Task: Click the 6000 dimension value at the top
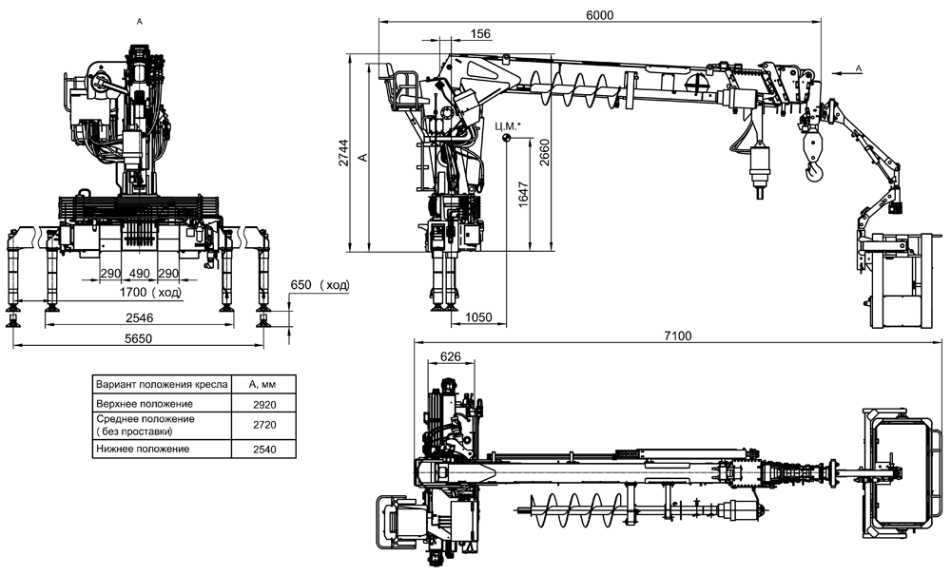pyautogui.click(x=600, y=14)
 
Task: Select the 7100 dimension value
pyautogui.click(x=677, y=335)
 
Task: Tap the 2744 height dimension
pyautogui.click(x=343, y=153)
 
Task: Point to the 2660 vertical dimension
pyautogui.click(x=544, y=153)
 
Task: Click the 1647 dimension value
pyautogui.click(x=524, y=195)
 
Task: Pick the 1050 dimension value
pyautogui.click(x=478, y=317)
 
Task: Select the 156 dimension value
pyautogui.click(x=480, y=34)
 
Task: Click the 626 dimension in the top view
pyautogui.click(x=451, y=356)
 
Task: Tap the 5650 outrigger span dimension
pyautogui.click(x=138, y=338)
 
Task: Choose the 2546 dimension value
pyautogui.click(x=140, y=317)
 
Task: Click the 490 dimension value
pyautogui.click(x=140, y=274)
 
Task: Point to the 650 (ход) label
pyautogui.click(x=320, y=285)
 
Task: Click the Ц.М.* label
pyautogui.click(x=508, y=126)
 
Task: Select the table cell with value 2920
pyautogui.click(x=264, y=405)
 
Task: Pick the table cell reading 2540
pyautogui.click(x=264, y=450)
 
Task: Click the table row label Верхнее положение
pyautogui.click(x=145, y=404)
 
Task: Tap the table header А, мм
pyautogui.click(x=263, y=384)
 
